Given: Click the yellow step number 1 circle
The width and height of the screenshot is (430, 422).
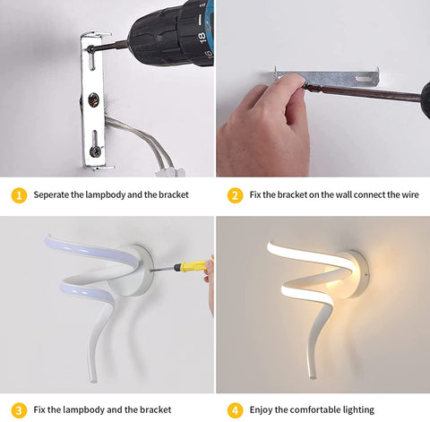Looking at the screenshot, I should click(17, 194).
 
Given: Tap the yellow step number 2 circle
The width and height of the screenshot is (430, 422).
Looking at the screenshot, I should click(235, 194).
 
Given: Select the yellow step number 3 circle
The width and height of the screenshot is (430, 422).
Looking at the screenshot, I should click(17, 409).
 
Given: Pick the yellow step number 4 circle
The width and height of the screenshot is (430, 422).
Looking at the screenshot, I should click(235, 409).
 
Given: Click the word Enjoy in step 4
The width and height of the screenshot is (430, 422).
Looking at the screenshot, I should click(264, 409).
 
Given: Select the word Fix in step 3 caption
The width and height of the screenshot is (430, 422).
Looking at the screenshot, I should click(39, 409).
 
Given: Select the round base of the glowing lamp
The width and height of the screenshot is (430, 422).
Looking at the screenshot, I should click(354, 269).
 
